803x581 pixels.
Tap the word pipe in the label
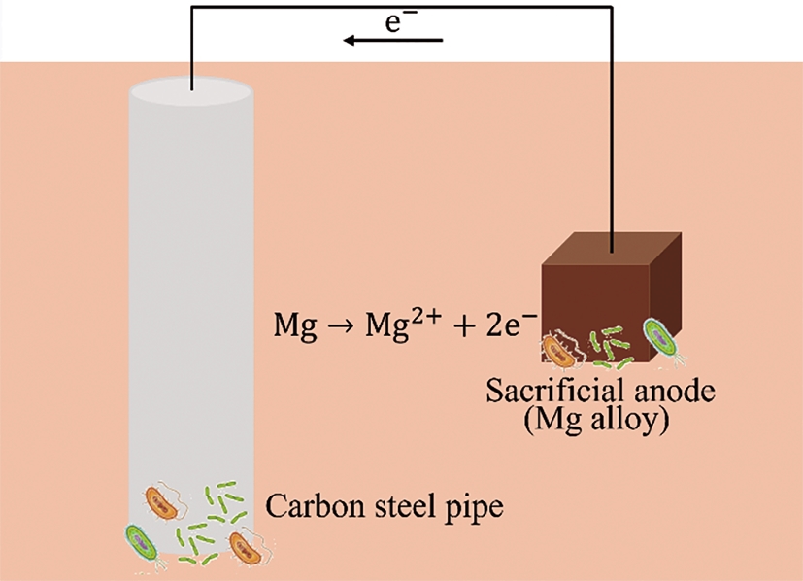click(x=476, y=508)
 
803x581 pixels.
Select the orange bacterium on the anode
click(x=560, y=352)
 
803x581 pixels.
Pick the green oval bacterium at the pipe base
click(x=142, y=541)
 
